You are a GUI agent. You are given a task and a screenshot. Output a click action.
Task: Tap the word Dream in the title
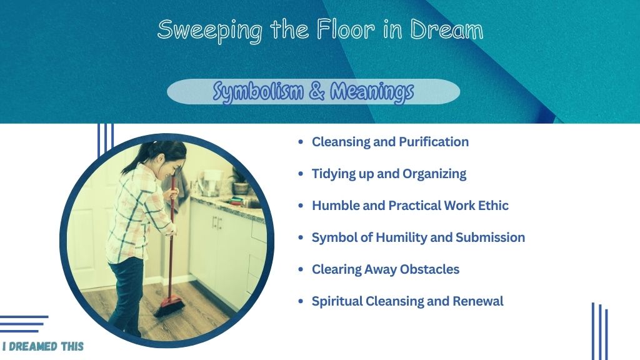click(446, 29)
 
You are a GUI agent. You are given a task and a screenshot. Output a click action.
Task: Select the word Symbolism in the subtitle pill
click(258, 91)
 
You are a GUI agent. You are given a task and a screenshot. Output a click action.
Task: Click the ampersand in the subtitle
click(317, 91)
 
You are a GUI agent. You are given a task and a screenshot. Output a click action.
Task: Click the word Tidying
click(334, 174)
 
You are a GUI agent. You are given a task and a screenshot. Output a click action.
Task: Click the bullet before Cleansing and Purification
click(301, 142)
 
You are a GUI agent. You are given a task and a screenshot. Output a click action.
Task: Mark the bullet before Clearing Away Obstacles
click(301, 269)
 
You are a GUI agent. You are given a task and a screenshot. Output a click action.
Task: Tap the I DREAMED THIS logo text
click(43, 346)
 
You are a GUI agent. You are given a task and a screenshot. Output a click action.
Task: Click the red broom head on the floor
click(170, 306)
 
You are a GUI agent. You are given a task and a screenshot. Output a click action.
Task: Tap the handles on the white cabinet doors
click(217, 223)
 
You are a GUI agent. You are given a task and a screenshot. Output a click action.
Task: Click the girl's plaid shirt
click(137, 212)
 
